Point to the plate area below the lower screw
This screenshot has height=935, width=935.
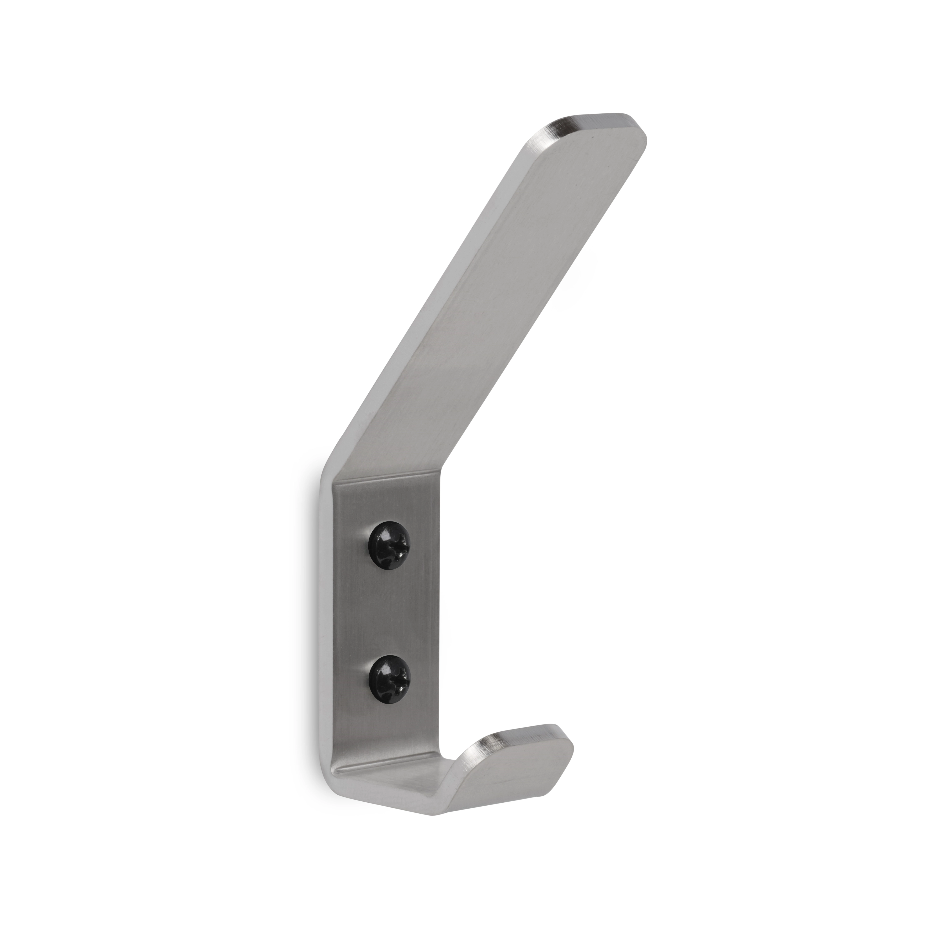pyautogui.click(x=390, y=726)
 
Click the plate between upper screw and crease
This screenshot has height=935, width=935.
pyautogui.click(x=390, y=506)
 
